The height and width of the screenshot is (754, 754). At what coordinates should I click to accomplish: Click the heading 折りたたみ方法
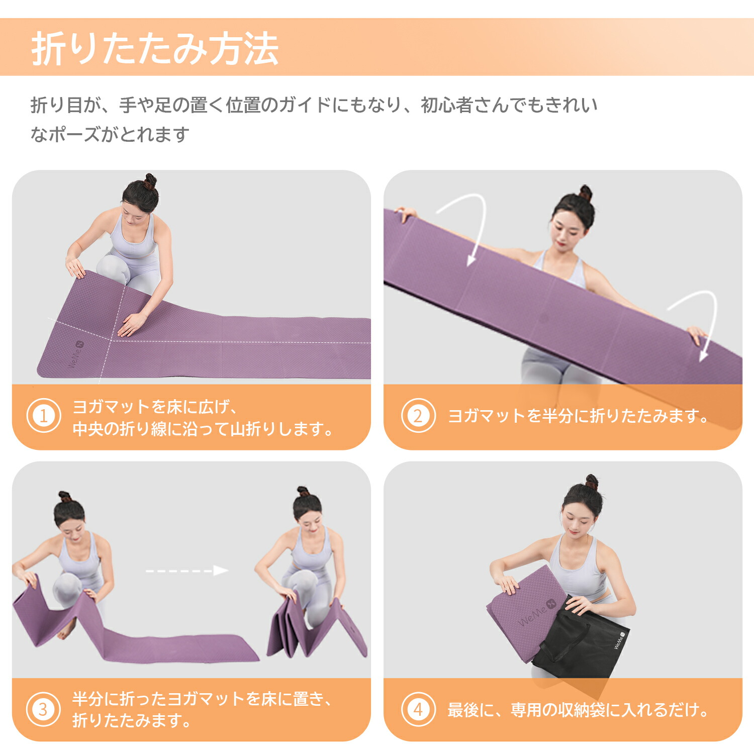[155, 49]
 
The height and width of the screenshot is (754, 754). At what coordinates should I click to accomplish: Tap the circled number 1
[44, 416]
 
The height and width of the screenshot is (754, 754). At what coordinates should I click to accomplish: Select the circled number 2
[418, 416]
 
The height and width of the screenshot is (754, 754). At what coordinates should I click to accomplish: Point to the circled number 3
[44, 709]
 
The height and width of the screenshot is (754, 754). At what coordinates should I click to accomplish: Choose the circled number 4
[418, 709]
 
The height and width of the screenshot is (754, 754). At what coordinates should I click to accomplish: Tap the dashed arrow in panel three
[187, 571]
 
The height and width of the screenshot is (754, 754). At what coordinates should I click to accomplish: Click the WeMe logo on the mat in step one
[76, 353]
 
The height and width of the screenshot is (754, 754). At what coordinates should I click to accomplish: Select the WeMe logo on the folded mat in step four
[537, 612]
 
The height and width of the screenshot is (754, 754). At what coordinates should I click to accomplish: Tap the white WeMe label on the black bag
[619, 640]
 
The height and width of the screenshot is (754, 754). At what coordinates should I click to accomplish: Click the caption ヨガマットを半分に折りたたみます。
[579, 416]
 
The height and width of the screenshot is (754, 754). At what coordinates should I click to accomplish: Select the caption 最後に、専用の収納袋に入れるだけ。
[579, 709]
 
